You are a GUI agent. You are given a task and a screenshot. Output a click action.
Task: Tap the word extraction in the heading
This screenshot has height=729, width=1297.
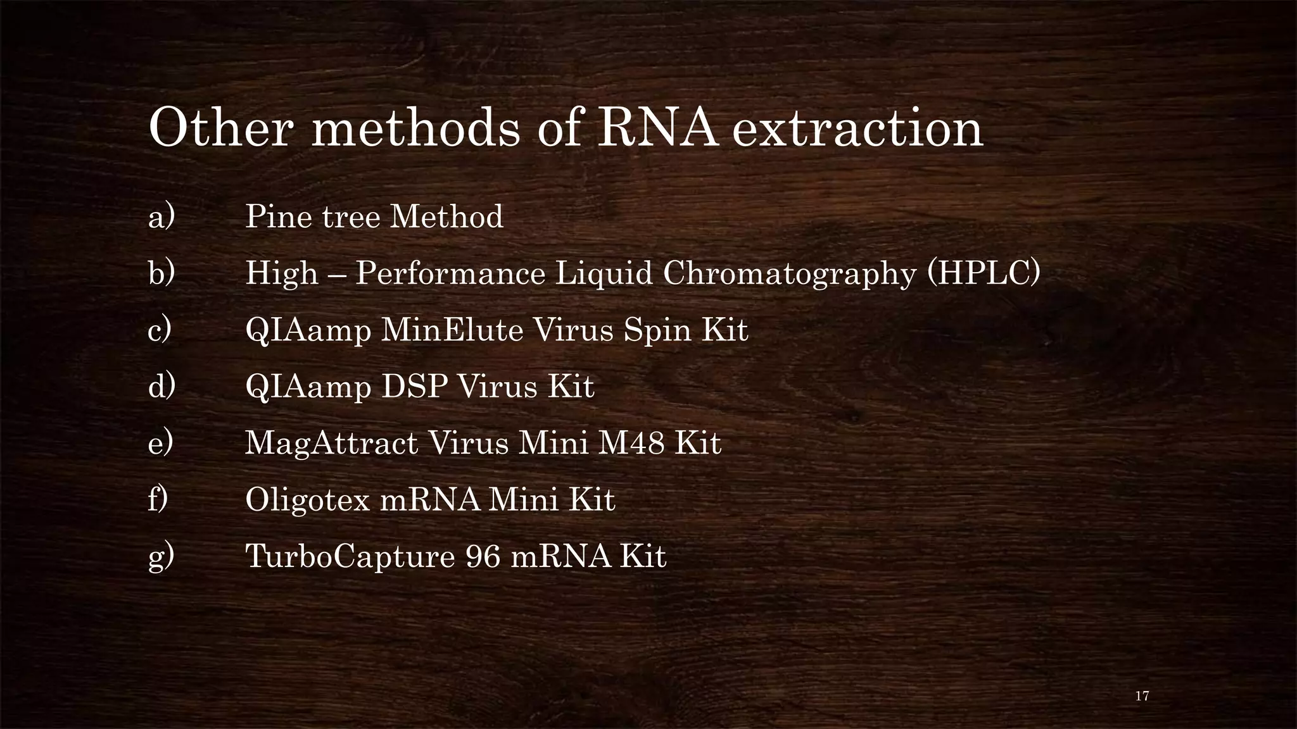(x=857, y=128)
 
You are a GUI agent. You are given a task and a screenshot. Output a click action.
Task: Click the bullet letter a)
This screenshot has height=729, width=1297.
(x=161, y=217)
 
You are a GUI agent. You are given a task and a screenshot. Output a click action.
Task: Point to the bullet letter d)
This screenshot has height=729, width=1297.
(x=161, y=386)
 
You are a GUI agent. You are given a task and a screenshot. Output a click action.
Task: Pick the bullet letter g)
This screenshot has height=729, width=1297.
(x=161, y=558)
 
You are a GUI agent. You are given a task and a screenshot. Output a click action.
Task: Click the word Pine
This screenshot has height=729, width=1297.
(x=276, y=217)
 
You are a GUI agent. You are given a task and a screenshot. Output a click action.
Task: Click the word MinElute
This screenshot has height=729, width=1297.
(x=452, y=330)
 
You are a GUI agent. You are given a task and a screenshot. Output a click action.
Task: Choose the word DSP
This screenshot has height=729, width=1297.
(x=412, y=386)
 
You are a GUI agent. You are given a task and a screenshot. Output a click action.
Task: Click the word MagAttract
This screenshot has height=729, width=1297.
(x=331, y=443)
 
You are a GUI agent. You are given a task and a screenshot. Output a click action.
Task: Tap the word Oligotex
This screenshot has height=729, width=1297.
(x=307, y=500)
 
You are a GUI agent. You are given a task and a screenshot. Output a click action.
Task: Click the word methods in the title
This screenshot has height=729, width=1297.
(x=415, y=128)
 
